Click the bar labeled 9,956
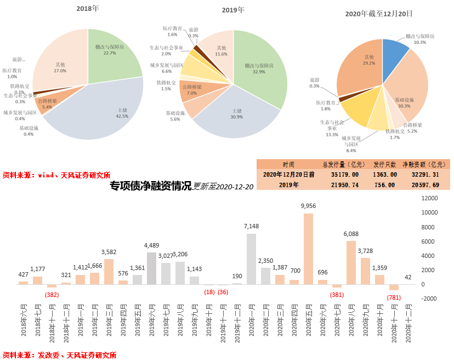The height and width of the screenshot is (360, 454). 308,248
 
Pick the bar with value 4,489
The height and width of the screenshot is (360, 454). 151,268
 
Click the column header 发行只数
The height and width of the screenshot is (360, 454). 384,164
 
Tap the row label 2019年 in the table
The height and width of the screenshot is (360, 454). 288,185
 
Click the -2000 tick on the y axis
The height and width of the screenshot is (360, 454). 429,299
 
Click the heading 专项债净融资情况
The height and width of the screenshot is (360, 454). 150,186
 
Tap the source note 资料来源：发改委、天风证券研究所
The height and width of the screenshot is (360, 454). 60,355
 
